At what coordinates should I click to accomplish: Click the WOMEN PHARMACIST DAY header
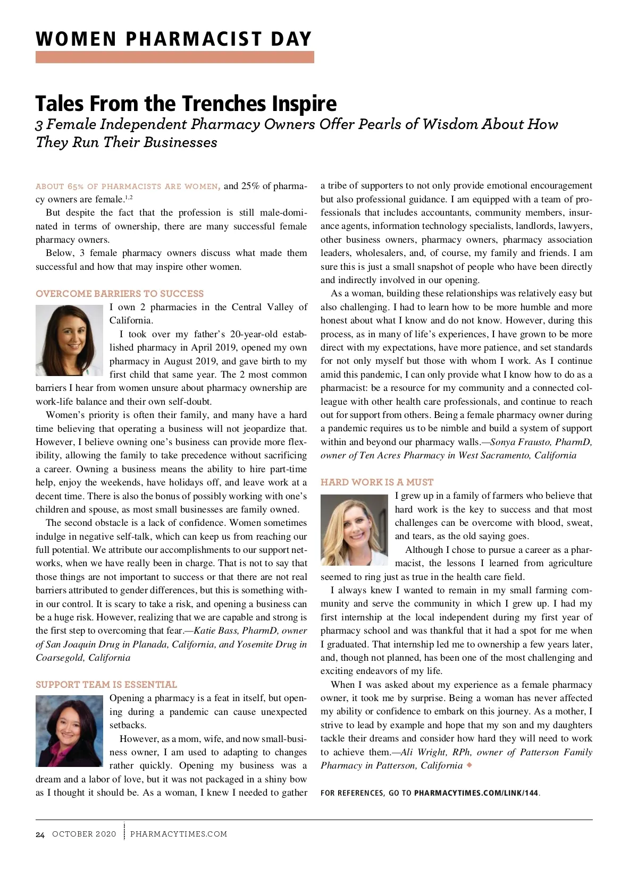(x=173, y=39)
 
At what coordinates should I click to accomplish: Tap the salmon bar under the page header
(x=174, y=57)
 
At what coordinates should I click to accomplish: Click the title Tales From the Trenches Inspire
(x=186, y=104)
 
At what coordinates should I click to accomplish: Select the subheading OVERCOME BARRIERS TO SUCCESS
(x=120, y=294)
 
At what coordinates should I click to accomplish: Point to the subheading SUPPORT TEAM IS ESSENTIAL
(x=106, y=685)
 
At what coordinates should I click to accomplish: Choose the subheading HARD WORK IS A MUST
(x=377, y=482)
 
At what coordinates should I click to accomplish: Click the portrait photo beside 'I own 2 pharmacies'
(x=69, y=340)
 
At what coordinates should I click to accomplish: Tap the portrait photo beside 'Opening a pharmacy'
(x=69, y=731)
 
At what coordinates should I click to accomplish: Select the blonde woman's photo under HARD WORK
(x=354, y=530)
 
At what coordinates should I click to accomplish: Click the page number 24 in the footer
(x=40, y=834)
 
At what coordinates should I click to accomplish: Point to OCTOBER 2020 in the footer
(x=84, y=834)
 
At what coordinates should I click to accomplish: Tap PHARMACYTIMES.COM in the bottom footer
(x=179, y=834)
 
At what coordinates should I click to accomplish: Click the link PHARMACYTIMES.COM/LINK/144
(x=476, y=794)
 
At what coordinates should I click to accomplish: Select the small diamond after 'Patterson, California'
(x=469, y=765)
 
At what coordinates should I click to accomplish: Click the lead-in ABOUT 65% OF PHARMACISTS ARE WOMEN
(x=127, y=186)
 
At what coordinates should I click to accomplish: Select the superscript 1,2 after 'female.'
(x=129, y=198)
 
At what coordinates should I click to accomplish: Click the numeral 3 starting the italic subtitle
(x=39, y=125)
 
